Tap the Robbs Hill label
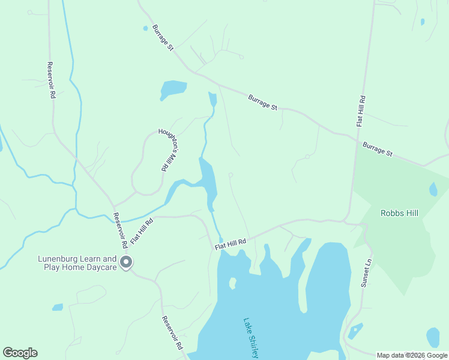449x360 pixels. pos(399,213)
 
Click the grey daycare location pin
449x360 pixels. pos(126,262)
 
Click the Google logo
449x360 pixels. pos(20,353)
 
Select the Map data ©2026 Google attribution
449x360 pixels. pos(412,355)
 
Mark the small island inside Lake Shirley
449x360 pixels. pos(233,283)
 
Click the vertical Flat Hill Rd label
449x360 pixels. pos(361,110)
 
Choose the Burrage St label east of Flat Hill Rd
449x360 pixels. pos(378,149)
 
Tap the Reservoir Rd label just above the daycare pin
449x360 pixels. pos(120,230)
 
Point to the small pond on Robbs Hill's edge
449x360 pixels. pos(433,190)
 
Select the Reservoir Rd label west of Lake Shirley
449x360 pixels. pos(171,333)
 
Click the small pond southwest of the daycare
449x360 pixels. pos(58,307)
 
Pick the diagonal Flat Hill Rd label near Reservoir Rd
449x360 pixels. pos(141,230)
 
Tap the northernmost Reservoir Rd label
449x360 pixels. pos(52,80)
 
